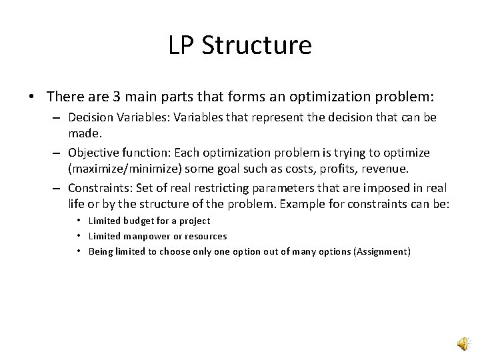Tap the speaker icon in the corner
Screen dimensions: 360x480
(462, 343)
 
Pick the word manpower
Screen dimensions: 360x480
(146, 236)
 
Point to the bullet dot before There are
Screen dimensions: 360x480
(32, 98)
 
